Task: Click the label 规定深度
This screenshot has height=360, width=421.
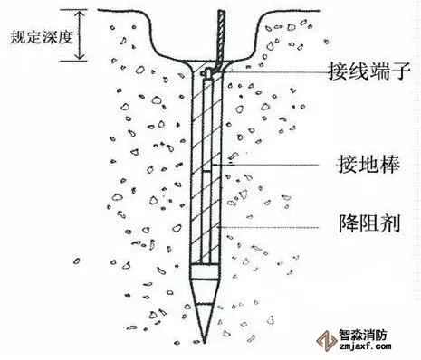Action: point(42,37)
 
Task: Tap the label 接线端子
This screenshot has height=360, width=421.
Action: point(369,71)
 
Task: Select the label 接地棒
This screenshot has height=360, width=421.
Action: point(368,165)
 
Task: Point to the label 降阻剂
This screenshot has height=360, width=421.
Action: point(369,223)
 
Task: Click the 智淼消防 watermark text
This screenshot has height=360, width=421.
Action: point(363,335)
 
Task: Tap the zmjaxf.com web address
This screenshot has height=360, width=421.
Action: point(366,346)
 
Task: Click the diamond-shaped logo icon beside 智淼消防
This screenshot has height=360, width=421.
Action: point(327,340)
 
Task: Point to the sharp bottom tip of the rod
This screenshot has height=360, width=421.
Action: point(205,343)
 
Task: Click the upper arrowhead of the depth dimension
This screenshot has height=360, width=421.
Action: point(80,14)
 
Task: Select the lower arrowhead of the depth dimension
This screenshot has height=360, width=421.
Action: point(80,57)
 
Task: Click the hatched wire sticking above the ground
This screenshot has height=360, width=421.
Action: point(221,38)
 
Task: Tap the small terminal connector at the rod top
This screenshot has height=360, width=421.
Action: point(207,73)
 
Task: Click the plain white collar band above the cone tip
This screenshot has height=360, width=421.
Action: point(205,271)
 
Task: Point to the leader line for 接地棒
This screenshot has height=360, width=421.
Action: point(265,165)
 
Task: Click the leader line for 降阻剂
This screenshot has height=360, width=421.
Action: point(269,227)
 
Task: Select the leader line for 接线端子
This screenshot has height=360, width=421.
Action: point(275,72)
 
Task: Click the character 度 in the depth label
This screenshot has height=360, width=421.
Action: point(66,37)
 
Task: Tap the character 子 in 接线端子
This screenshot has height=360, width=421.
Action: point(401,71)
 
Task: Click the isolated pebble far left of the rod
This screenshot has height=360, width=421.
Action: point(77,261)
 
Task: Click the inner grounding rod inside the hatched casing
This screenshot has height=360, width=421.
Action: point(207,170)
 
